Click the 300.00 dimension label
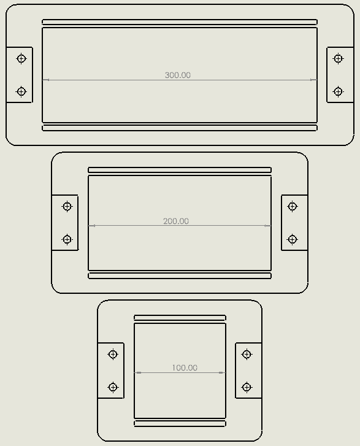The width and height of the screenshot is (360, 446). pyautogui.click(x=178, y=75)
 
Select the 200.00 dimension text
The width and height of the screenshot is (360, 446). pyautogui.click(x=176, y=221)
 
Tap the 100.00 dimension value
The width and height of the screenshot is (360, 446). pyautogui.click(x=185, y=367)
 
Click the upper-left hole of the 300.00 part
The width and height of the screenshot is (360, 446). pyautogui.click(x=21, y=59)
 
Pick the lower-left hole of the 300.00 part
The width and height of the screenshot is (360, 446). pyautogui.click(x=21, y=91)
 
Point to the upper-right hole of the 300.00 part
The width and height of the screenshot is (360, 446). pyautogui.click(x=338, y=59)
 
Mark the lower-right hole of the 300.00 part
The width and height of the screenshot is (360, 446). pyautogui.click(x=338, y=91)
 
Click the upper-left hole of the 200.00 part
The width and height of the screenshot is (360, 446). pyautogui.click(x=67, y=206)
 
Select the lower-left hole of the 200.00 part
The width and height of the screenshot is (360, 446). pyautogui.click(x=67, y=239)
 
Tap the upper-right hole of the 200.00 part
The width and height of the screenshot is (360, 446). pyautogui.click(x=293, y=206)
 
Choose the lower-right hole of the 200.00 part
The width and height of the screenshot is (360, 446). pyautogui.click(x=293, y=239)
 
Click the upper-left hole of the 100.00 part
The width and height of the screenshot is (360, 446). pyautogui.click(x=113, y=354)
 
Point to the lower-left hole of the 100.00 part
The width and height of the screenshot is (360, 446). pyautogui.click(x=113, y=387)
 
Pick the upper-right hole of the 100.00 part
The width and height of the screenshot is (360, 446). pyautogui.click(x=247, y=354)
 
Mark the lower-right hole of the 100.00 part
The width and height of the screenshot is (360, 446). pyautogui.click(x=247, y=387)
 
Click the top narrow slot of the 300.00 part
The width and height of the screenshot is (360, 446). pyautogui.click(x=180, y=22)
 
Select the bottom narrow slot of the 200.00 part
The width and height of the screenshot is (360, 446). pyautogui.click(x=180, y=275)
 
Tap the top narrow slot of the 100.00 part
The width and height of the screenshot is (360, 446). pyautogui.click(x=180, y=318)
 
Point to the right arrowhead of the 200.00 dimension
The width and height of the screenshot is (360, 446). pyautogui.click(x=267, y=226)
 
